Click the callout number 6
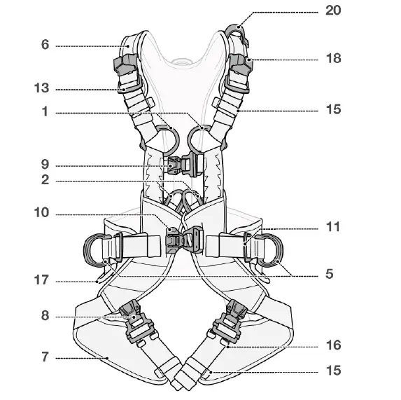(x=45, y=45)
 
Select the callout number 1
(x=45, y=112)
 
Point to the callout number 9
(x=45, y=165)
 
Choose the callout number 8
(x=45, y=315)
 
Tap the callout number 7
(x=45, y=357)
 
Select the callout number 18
(x=333, y=59)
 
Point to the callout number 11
(x=333, y=227)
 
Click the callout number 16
(x=334, y=345)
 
